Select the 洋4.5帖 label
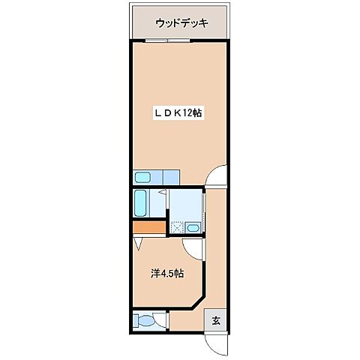click(166, 274)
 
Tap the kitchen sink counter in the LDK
click(156, 178)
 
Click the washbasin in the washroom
click(193, 228)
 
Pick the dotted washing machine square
click(177, 226)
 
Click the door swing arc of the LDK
click(216, 175)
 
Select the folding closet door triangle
click(140, 244)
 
